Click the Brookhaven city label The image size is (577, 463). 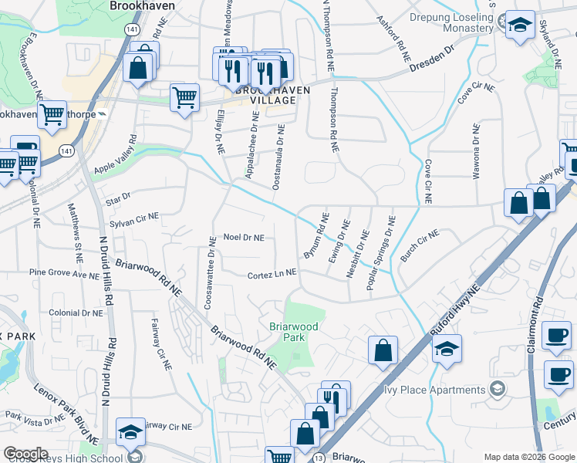click(143, 5)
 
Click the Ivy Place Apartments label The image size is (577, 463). click(436, 390)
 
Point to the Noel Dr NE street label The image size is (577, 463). click(244, 238)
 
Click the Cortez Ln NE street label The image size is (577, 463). click(272, 274)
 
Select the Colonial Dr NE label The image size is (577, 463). click(76, 313)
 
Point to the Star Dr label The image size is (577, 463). click(119, 198)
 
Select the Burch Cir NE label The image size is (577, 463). click(419, 245)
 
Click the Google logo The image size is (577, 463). click(25, 454)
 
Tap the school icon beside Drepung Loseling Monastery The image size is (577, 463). click(520, 25)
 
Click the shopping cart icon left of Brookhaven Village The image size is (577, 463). click(184, 98)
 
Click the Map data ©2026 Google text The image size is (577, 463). click(530, 457)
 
